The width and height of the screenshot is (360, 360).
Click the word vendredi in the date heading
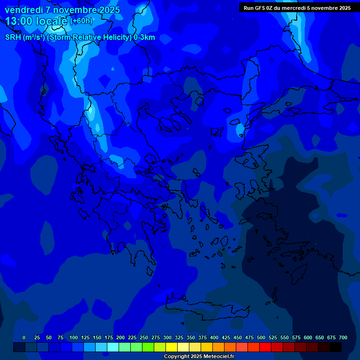click(x=23, y=10)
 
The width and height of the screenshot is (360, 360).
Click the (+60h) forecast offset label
click(x=81, y=21)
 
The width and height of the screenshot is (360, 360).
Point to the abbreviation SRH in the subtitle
click(x=13, y=37)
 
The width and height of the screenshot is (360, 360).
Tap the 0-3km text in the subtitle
click(x=144, y=37)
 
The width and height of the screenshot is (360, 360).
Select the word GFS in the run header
click(x=260, y=8)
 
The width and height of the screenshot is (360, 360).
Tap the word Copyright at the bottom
click(x=177, y=357)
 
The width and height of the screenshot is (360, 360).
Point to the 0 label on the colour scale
click(x=24, y=338)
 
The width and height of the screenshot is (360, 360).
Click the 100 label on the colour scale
click(x=74, y=338)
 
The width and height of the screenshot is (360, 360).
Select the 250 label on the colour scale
click(x=144, y=338)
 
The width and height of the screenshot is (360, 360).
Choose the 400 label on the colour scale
click(x=214, y=338)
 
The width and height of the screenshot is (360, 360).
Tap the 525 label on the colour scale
click(x=273, y=338)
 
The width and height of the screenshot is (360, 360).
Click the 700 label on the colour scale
click(x=343, y=338)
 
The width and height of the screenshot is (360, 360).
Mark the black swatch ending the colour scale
click(x=336, y=347)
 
